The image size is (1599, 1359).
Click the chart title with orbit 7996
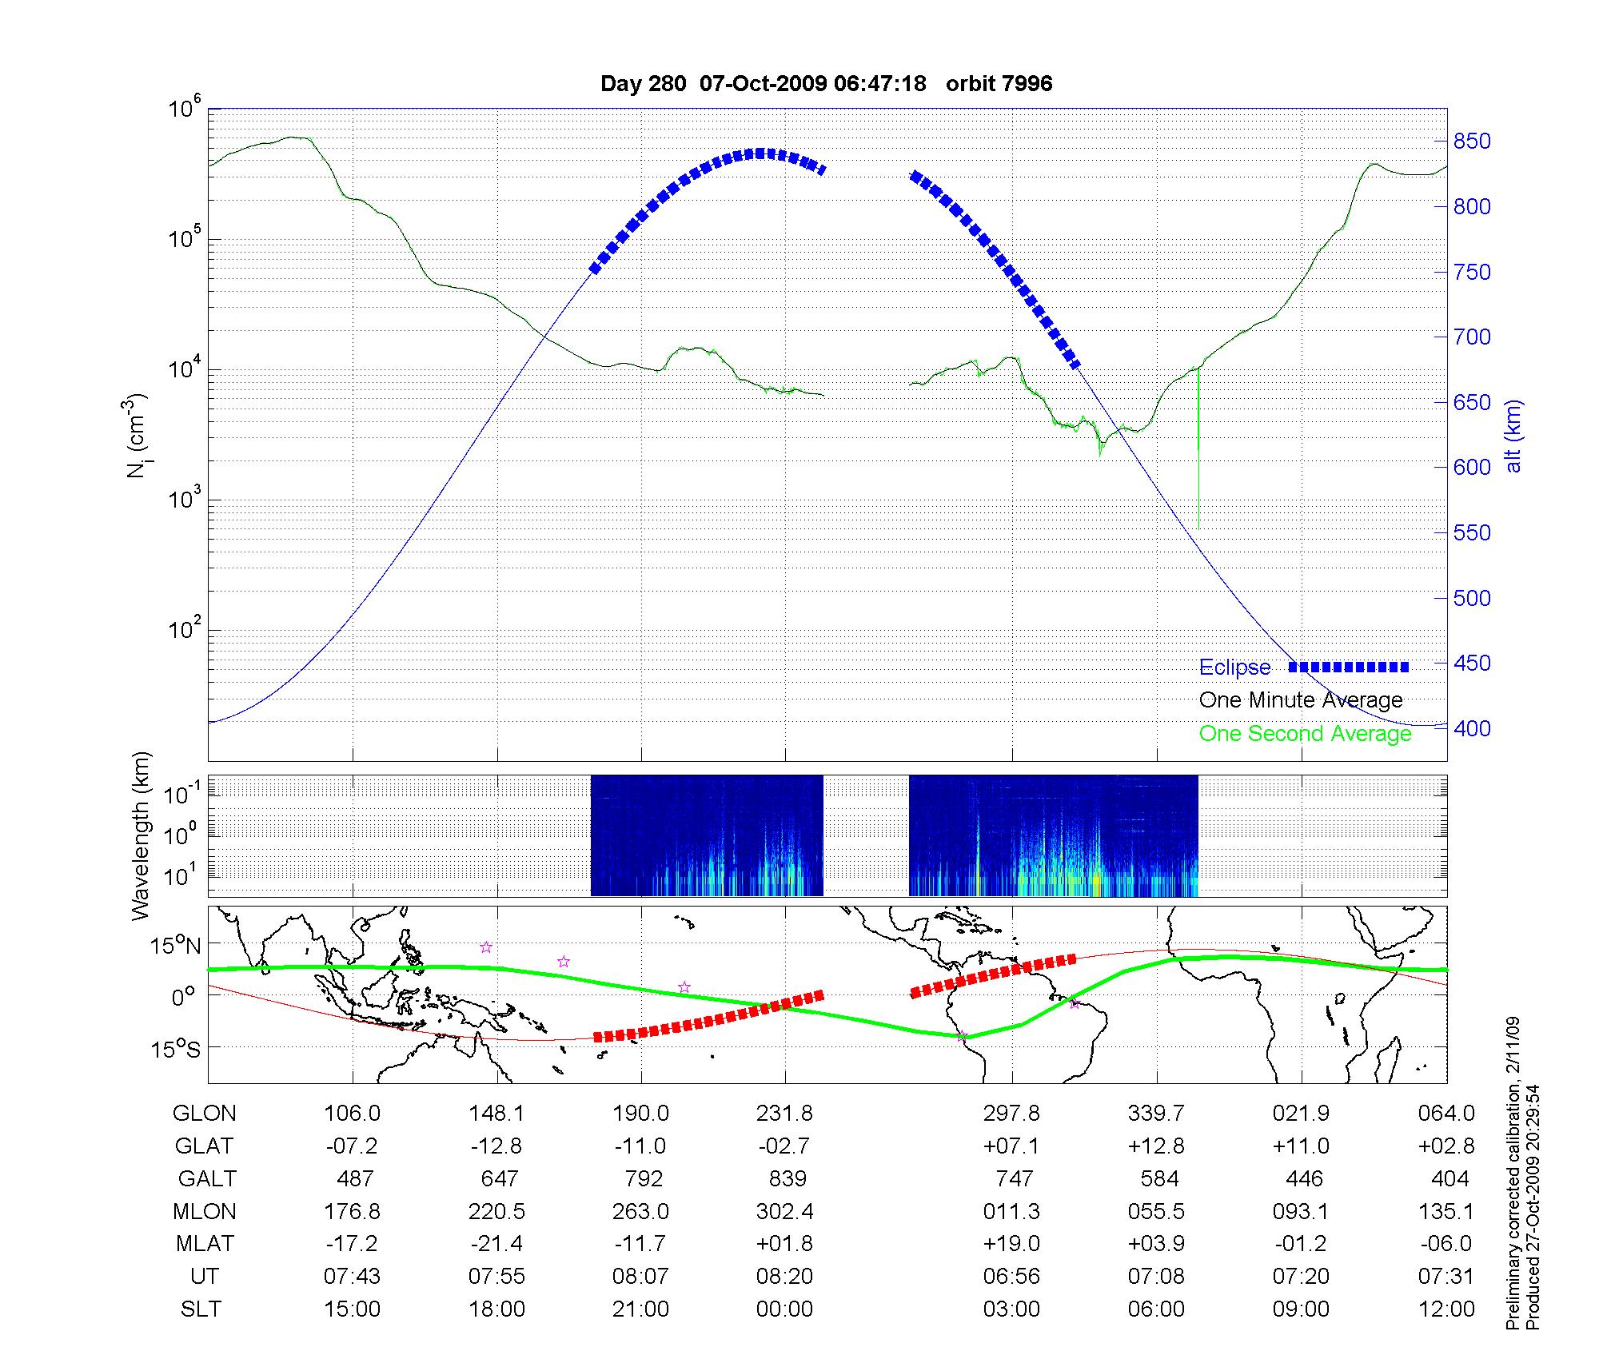(826, 83)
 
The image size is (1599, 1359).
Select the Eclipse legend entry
(1234, 668)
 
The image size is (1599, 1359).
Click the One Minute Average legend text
(1301, 700)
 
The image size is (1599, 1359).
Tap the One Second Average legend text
(1305, 734)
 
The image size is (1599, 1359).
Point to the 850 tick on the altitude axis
(1472, 141)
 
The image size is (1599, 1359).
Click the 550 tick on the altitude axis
(1472, 533)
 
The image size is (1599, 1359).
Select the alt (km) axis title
(1513, 436)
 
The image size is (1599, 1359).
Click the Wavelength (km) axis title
(141, 836)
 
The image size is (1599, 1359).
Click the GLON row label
(205, 1114)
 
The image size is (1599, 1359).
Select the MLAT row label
(205, 1244)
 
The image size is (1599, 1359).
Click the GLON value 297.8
(1011, 1114)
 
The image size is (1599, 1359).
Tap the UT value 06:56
(1011, 1277)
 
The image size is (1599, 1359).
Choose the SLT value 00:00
(785, 1309)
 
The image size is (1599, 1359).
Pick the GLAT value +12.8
(1156, 1146)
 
